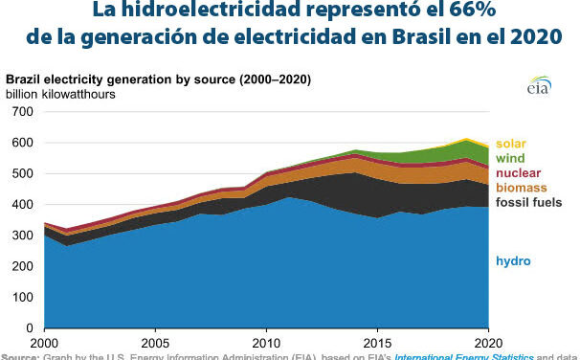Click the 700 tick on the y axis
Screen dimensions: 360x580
(x=23, y=112)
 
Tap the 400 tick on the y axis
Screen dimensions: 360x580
(x=23, y=205)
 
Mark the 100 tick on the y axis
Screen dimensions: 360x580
(x=23, y=298)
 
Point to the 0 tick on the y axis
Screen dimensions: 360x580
(x=30, y=328)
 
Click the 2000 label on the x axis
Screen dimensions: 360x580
(x=44, y=342)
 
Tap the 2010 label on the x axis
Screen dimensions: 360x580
(x=267, y=342)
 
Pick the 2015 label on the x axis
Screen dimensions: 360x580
(x=378, y=342)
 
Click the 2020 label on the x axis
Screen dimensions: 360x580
(x=489, y=342)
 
